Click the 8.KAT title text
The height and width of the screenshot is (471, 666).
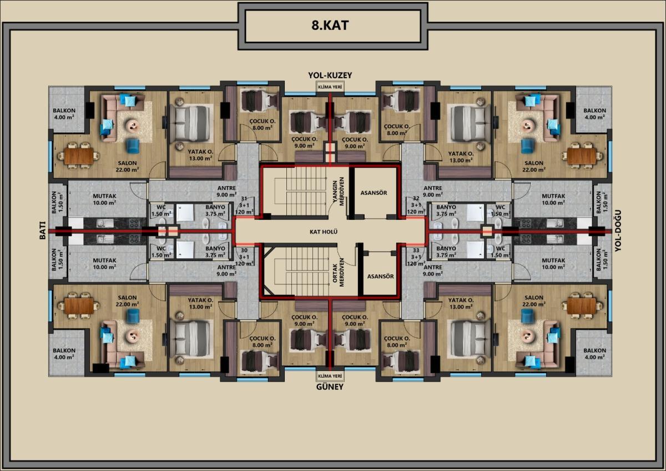330,26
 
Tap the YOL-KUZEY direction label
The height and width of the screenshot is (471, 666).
330,76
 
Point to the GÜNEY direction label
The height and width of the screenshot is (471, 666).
330,387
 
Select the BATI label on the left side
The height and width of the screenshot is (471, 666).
43,230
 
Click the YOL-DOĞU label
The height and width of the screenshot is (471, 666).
618,231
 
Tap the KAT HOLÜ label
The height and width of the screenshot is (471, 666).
324,232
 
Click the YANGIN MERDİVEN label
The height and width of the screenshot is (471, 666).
338,191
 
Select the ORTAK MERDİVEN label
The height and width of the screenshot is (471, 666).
338,272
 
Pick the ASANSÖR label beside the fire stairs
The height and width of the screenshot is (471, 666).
374,193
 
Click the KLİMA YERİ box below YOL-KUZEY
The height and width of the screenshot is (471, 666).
330,87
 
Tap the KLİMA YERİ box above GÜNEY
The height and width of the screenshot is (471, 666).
330,376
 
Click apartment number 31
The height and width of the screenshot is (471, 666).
244,198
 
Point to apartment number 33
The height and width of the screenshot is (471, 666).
416,250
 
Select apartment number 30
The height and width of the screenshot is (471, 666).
244,250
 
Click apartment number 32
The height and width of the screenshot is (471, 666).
416,198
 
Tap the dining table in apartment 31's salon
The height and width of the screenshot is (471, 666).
79,156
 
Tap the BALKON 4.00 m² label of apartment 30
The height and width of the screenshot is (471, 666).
64,354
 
